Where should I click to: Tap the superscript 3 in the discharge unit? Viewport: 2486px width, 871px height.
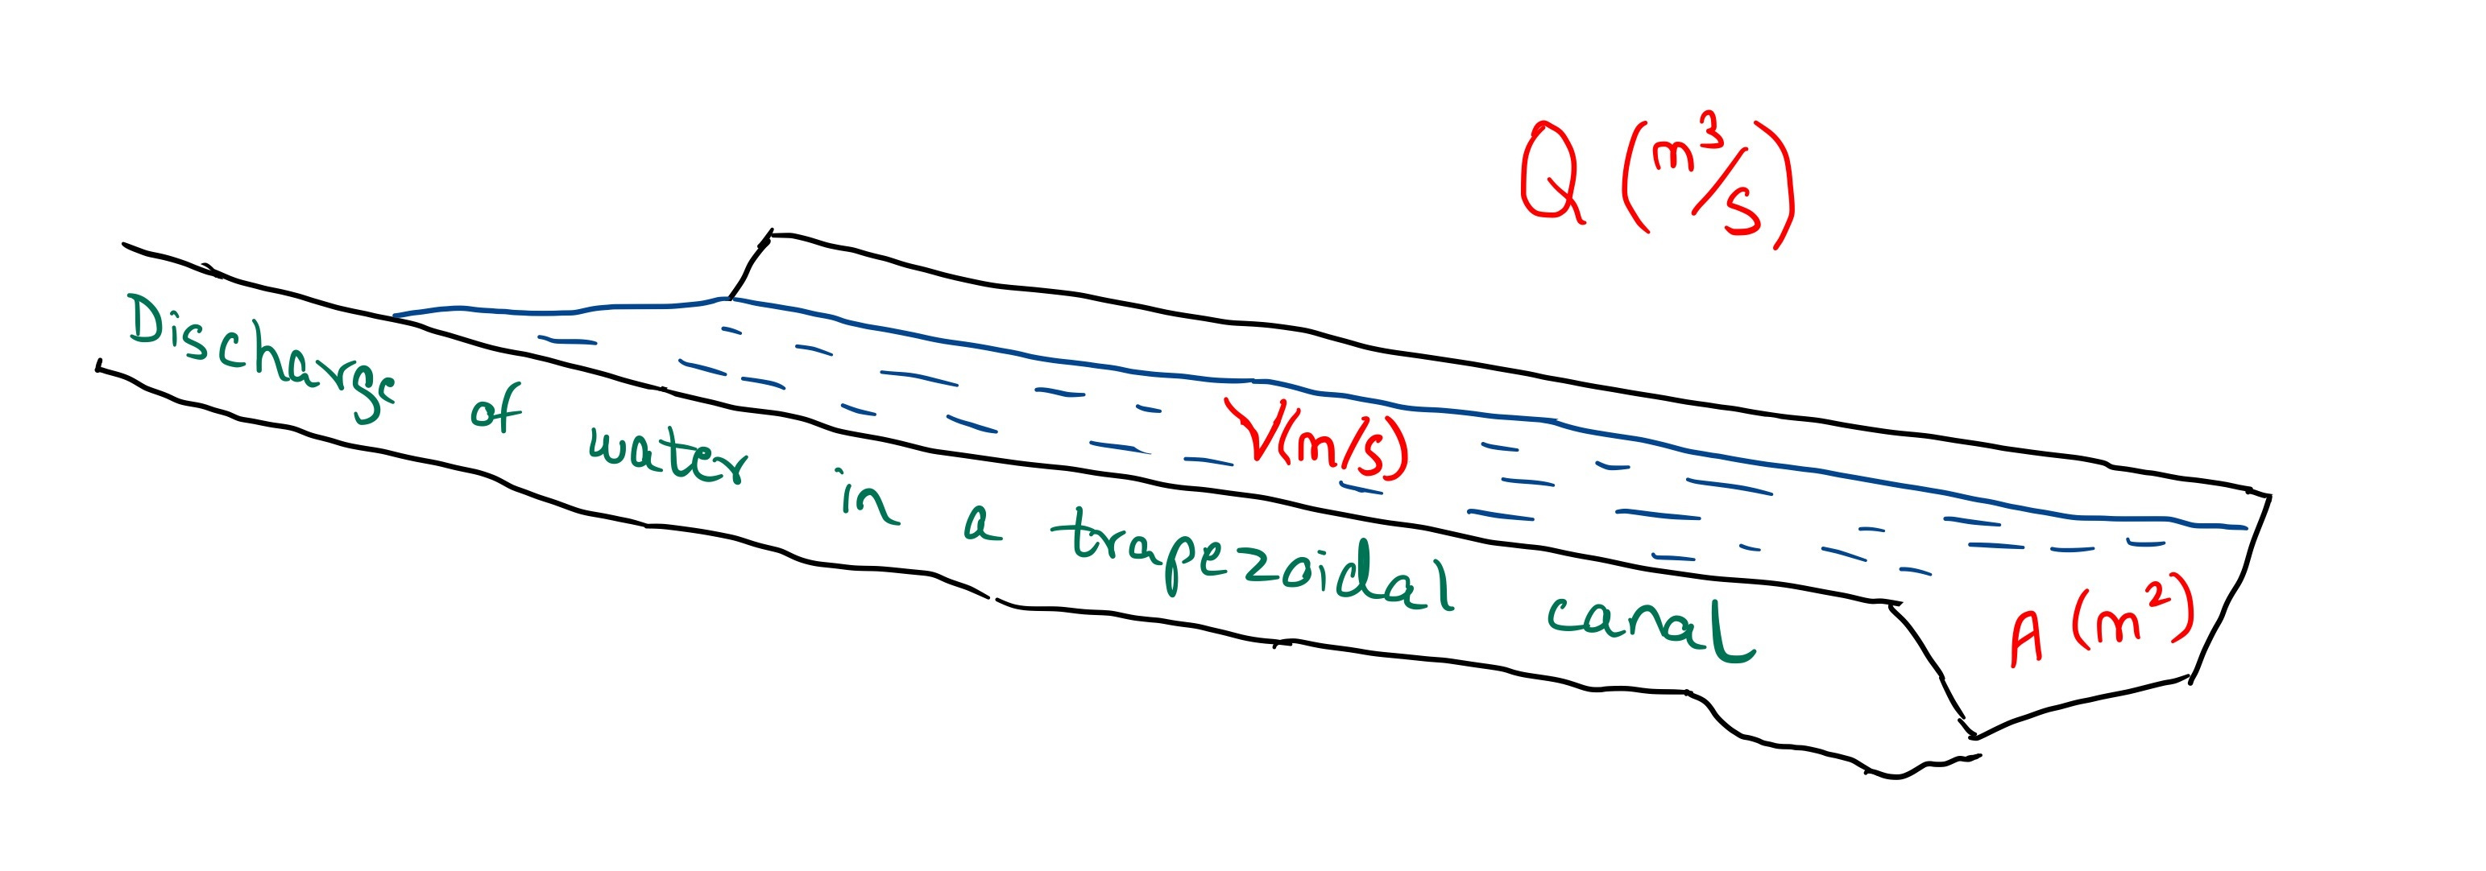(1710, 137)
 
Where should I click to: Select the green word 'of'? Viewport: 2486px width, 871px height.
(496, 409)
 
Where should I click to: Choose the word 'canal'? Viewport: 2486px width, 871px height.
(1651, 625)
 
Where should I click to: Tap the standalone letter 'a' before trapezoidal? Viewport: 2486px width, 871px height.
(983, 526)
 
